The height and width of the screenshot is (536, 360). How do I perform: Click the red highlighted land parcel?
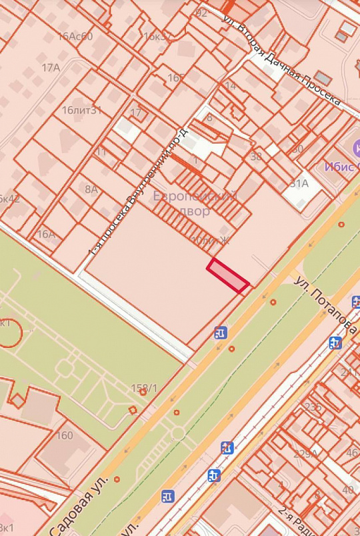coord(228,276)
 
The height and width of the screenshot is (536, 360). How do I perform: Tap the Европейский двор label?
coord(195,203)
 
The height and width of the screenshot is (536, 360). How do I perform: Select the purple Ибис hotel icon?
coord(355,146)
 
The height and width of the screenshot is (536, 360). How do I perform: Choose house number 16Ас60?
coord(75,36)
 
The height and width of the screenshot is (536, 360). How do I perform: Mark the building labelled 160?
coord(65,435)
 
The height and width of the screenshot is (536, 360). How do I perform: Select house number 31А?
coord(299,183)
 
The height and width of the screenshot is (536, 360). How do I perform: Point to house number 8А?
coord(91,189)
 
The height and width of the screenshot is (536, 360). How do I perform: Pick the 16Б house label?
coord(176,78)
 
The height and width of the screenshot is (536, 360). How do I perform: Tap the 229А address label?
coord(306,454)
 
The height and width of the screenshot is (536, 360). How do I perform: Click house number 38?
coord(256,157)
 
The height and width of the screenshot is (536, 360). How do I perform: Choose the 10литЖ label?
coord(209,240)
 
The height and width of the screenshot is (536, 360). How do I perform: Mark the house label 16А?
coord(46,234)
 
